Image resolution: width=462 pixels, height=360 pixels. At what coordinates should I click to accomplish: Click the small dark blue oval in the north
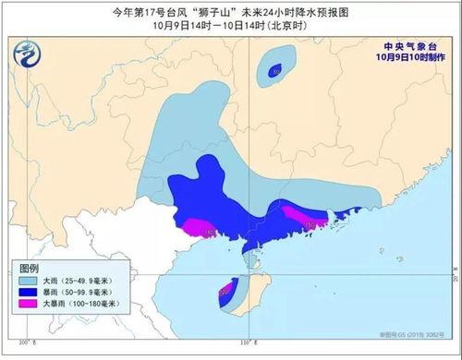click(x=274, y=69)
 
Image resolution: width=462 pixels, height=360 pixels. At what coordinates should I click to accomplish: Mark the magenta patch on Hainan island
click(x=225, y=294)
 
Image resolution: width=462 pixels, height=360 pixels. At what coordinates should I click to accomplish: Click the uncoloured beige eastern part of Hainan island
click(x=251, y=294)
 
